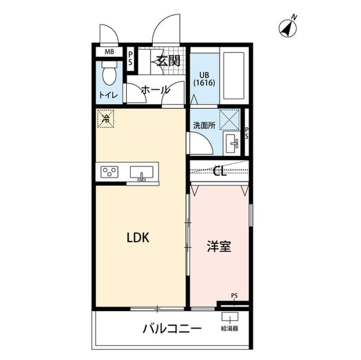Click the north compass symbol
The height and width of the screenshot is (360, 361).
click(x=288, y=27)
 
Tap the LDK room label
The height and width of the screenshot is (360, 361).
click(x=138, y=238)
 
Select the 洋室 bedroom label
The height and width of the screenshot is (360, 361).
click(x=219, y=246)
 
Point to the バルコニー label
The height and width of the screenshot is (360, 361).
click(x=172, y=329)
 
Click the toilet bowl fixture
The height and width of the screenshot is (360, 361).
click(x=109, y=73)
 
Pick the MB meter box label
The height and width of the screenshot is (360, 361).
click(x=109, y=52)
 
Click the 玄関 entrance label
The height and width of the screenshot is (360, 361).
click(x=168, y=61)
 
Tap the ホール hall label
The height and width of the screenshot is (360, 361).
click(x=156, y=90)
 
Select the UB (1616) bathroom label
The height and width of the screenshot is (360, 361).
click(x=204, y=79)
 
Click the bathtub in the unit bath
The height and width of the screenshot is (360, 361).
click(x=234, y=75)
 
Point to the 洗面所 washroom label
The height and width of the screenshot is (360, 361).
click(x=204, y=126)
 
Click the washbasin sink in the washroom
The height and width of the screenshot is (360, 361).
click(x=232, y=144)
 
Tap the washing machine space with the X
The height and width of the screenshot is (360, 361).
click(x=230, y=120)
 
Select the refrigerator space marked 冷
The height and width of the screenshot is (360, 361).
click(x=105, y=119)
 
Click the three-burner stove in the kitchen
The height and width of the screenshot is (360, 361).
click(x=109, y=172)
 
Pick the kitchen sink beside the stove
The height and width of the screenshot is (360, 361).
click(x=142, y=172)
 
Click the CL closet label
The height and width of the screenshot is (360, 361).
click(x=220, y=171)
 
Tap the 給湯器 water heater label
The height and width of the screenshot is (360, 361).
click(x=230, y=329)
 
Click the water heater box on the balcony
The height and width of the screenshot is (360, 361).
click(x=230, y=317)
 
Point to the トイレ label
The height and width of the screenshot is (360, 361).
click(x=108, y=95)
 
